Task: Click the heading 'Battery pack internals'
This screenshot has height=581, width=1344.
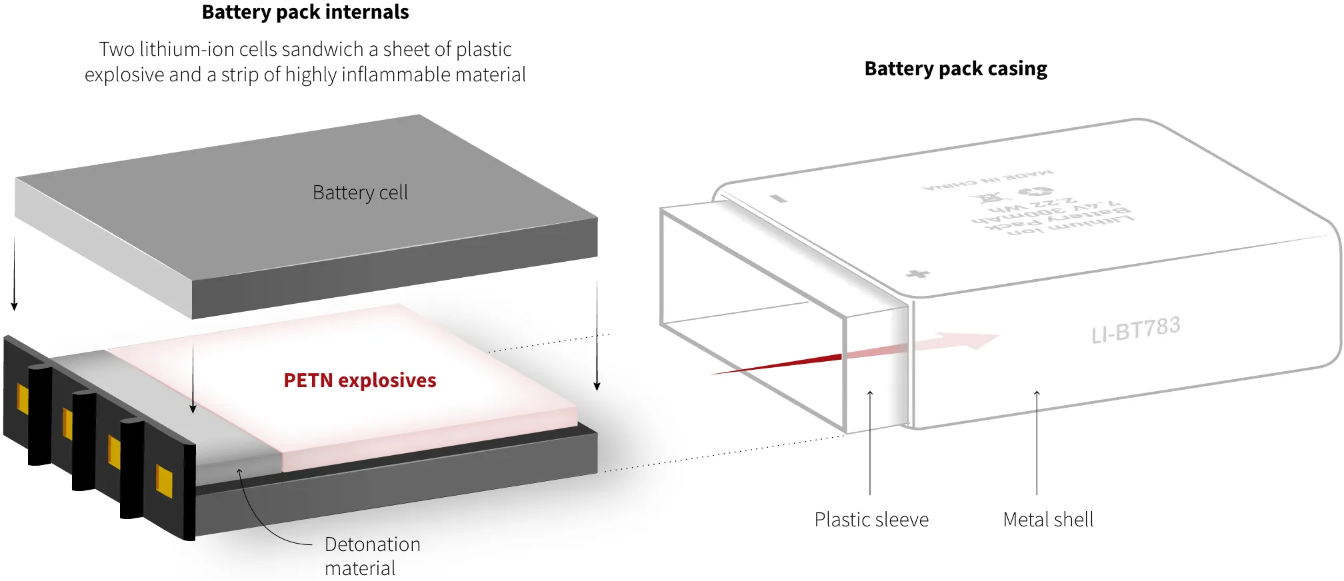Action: [x=305, y=12]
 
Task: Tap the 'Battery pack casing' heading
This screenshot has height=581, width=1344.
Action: [x=955, y=69]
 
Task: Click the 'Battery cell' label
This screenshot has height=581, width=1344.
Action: [x=360, y=193]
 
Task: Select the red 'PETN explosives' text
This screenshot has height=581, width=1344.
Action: [x=360, y=380]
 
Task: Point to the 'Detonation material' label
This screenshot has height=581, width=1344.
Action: [x=372, y=556]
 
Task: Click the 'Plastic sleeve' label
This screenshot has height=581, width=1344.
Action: [x=871, y=520]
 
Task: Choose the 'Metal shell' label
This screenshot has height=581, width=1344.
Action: [x=1048, y=520]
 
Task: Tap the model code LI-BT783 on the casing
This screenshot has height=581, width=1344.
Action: [x=1136, y=329]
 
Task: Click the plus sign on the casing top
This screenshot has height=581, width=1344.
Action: [x=918, y=274]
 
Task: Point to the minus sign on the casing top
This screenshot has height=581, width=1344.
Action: [x=778, y=198]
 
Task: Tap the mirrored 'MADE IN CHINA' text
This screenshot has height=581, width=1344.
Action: [x=987, y=180]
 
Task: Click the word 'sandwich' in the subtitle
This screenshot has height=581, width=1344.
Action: [x=322, y=49]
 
